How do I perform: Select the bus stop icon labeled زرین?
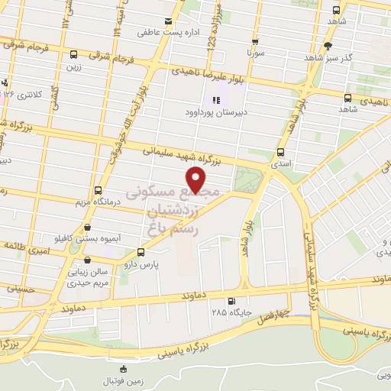click(x=73, y=54)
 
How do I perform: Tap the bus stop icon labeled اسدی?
click(x=280, y=151)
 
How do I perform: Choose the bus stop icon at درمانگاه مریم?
click(x=98, y=190)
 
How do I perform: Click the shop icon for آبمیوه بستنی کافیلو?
click(x=90, y=227)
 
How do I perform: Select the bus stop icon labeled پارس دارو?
click(x=140, y=252)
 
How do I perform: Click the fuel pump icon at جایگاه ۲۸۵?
click(x=231, y=300)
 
